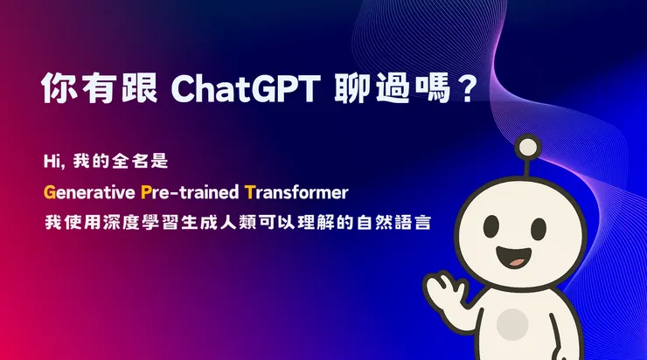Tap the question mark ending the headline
pyautogui.click(x=466, y=90)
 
